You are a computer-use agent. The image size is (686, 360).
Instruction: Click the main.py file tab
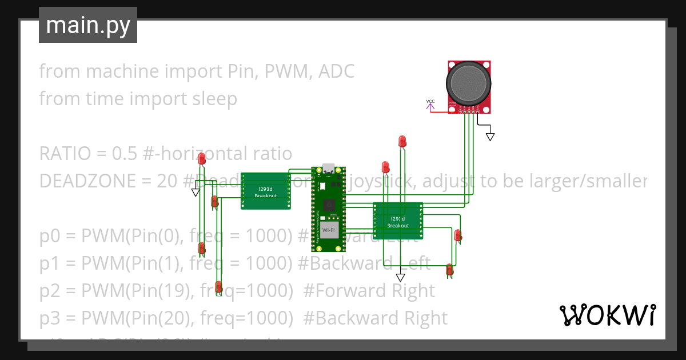point(87,25)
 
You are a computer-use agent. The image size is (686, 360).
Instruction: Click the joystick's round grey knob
point(469,83)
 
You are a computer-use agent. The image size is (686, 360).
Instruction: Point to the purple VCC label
point(430,102)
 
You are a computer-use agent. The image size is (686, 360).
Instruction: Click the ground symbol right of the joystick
point(490,137)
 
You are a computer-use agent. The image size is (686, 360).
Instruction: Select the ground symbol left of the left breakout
point(196,193)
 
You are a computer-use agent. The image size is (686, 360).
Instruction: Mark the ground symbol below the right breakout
point(400,277)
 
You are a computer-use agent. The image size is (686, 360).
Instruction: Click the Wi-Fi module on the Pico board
point(328,230)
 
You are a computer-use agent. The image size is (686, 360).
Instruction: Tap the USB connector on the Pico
point(329,169)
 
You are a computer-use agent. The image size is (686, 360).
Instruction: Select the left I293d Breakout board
point(265,191)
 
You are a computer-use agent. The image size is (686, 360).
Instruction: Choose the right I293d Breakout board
point(398,221)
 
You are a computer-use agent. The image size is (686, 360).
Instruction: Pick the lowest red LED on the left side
point(218,287)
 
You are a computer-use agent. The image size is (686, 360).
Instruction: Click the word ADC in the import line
point(336,71)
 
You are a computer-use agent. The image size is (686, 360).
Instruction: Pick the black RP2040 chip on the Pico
point(329,206)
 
